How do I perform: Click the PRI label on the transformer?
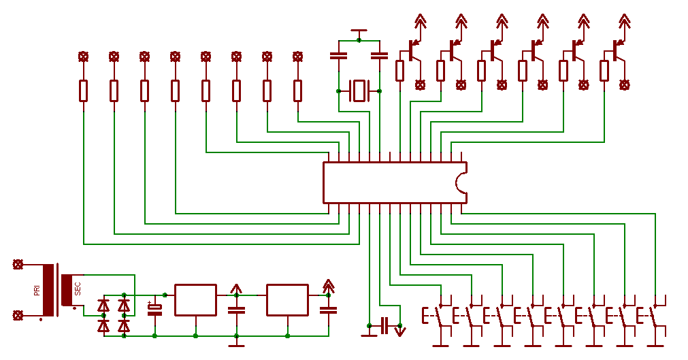[x=37, y=291]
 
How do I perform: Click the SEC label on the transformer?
[x=78, y=289]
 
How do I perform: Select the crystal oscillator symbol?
[x=359, y=91]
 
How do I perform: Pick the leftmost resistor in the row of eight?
[x=83, y=91]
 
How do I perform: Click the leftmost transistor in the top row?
[x=414, y=50]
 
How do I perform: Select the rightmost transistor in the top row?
[x=618, y=50]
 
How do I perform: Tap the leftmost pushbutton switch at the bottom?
[x=439, y=316]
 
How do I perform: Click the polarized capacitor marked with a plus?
[x=155, y=310]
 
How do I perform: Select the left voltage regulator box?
[x=195, y=300]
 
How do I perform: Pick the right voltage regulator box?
[x=287, y=300]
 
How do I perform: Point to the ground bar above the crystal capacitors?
[x=359, y=31]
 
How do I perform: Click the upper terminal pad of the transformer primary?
[x=18, y=264]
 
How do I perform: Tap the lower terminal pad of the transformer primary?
[x=18, y=315]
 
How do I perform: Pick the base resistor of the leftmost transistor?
[x=400, y=70]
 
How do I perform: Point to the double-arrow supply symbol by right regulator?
[x=328, y=285]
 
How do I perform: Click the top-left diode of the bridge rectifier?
[x=103, y=306]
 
